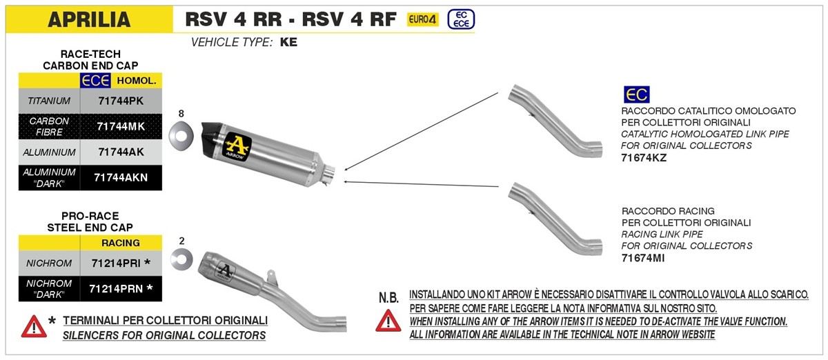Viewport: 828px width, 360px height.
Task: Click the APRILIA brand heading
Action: click(89, 19)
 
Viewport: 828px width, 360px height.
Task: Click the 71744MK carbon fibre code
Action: click(120, 126)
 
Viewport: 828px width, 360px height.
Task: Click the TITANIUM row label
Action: click(48, 101)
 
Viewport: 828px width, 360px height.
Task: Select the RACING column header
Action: click(121, 243)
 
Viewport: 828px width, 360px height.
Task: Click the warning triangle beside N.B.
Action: click(388, 320)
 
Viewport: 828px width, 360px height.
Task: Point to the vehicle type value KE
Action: click(288, 43)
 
